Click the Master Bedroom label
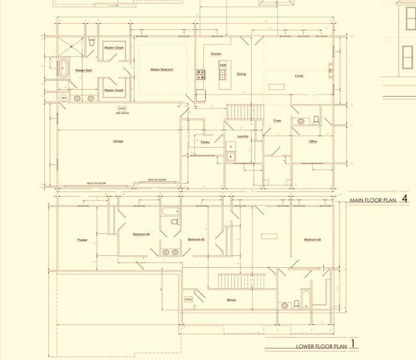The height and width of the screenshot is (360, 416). (161, 70)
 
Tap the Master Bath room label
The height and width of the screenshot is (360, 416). (84, 71)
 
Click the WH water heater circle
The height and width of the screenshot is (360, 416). (63, 98)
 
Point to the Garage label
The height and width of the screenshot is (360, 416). (118, 141)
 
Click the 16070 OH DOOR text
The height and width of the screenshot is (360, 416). (96, 183)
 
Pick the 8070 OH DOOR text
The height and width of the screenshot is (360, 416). (157, 179)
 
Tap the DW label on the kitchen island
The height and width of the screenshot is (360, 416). (222, 65)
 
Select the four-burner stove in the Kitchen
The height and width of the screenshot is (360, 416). (201, 75)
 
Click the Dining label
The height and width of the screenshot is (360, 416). (241, 74)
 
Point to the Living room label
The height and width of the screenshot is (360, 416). (299, 76)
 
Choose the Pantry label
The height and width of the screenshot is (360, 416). (205, 142)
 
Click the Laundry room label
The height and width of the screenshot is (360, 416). (243, 136)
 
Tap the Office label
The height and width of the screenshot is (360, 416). (313, 142)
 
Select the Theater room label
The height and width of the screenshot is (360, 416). (82, 240)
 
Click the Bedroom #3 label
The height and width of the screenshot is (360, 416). (196, 239)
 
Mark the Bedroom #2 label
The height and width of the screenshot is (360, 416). (313, 239)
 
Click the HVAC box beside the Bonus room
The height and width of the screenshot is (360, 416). (188, 299)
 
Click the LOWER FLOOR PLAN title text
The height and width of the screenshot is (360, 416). (321, 346)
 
